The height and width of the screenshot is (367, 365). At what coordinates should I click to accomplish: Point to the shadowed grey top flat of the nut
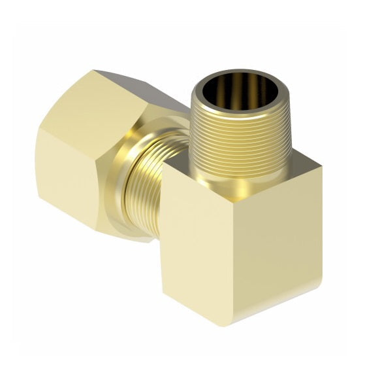pyautogui.click(x=137, y=88)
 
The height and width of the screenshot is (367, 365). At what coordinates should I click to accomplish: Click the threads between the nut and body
pyautogui.click(x=147, y=190)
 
